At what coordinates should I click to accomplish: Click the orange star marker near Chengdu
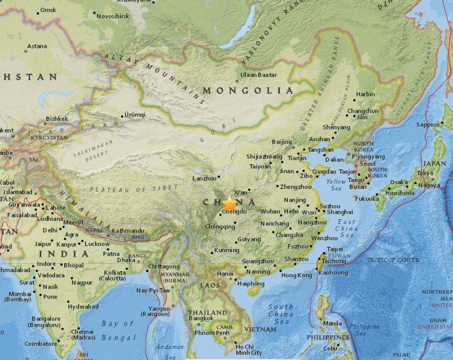click(x=229, y=203)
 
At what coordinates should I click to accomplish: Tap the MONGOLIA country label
click(x=248, y=90)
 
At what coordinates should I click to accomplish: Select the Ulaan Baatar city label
click(x=258, y=75)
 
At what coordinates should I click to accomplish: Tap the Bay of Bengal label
click(x=118, y=330)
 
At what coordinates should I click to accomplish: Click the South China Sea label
click(x=281, y=314)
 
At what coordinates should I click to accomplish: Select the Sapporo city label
click(x=428, y=125)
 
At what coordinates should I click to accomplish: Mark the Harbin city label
click(x=366, y=94)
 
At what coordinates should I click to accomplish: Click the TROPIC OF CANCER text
click(x=393, y=260)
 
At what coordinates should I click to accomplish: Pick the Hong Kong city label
click(x=296, y=276)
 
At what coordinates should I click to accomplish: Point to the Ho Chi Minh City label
click(x=248, y=349)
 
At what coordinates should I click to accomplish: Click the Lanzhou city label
click(x=204, y=178)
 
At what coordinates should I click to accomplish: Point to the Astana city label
click(x=37, y=46)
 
